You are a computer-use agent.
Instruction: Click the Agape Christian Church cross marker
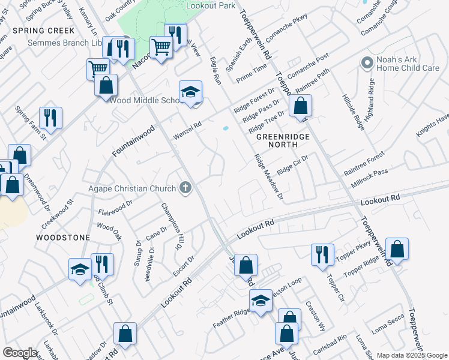click(185, 188)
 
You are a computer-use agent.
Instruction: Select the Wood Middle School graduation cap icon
click(190, 92)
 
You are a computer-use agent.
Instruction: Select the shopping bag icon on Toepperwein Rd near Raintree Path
click(300, 107)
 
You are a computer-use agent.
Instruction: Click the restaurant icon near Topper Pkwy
click(322, 253)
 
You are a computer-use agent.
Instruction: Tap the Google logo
click(20, 353)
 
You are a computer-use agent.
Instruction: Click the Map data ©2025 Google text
click(412, 355)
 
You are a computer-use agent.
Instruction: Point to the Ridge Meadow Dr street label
click(268, 177)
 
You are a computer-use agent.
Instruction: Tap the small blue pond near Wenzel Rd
click(226, 128)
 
